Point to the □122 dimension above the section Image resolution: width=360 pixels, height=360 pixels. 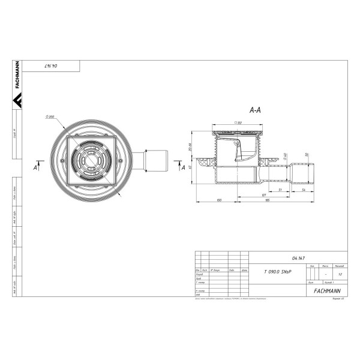pyautogui.click(x=238, y=122)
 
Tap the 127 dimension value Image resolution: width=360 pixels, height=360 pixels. pyautogui.click(x=263, y=196)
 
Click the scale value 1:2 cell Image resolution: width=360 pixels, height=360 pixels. pyautogui.click(x=340, y=274)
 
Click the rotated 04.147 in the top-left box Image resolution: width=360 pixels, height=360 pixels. pyautogui.click(x=56, y=68)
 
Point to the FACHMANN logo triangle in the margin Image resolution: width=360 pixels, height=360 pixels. pyautogui.click(x=18, y=101)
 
